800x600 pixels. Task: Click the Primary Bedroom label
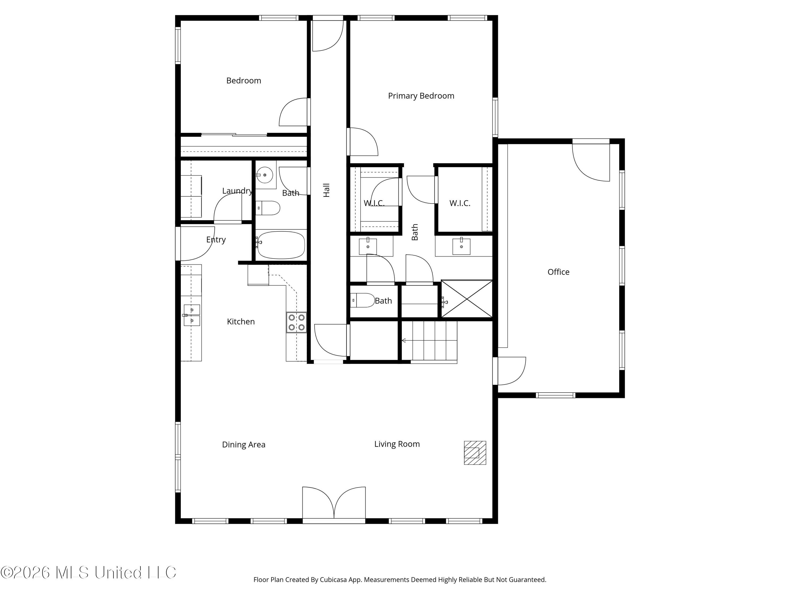point(421,96)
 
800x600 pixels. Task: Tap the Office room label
point(558,272)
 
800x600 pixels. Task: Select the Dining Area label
point(243,445)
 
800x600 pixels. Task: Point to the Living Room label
point(397,444)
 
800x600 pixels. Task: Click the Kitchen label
point(241,322)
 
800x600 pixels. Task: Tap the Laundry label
point(237,191)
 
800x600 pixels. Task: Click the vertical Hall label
point(327,190)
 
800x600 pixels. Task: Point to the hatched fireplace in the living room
point(475,453)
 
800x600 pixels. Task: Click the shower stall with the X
point(467,299)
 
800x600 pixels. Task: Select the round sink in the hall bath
point(265,175)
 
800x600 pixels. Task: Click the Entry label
point(216,240)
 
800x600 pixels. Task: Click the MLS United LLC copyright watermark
point(88,573)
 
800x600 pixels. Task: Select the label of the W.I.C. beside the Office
point(460,203)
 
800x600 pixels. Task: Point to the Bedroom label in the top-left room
point(243,81)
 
